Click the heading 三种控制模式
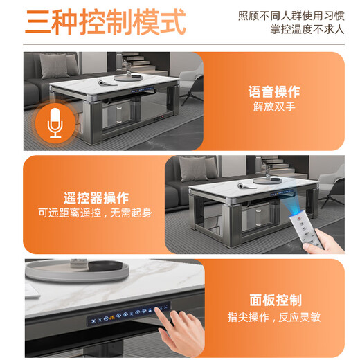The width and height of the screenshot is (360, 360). (x=105, y=22)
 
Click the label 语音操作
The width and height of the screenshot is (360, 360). (x=275, y=91)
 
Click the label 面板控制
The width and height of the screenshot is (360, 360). (x=275, y=300)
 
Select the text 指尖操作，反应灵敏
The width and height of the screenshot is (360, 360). (x=275, y=316)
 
